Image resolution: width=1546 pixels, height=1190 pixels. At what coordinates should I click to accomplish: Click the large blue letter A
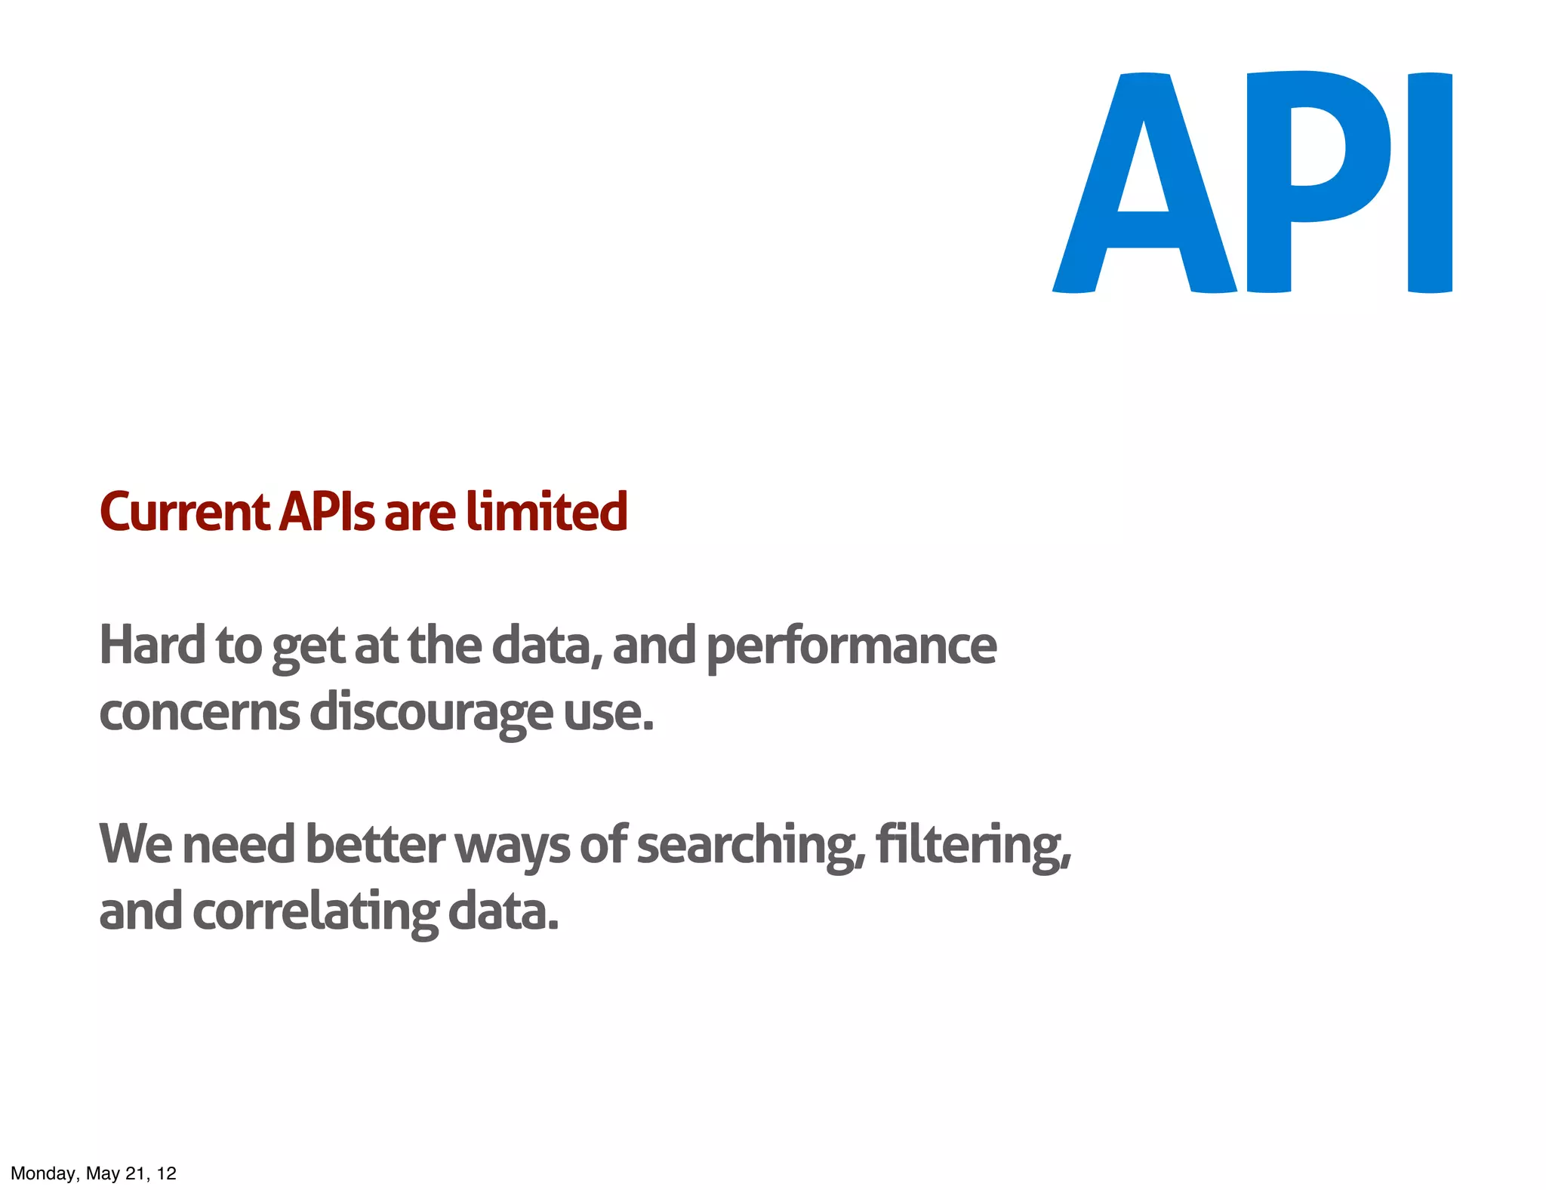1144,227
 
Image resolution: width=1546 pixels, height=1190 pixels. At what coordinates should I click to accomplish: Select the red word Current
184,512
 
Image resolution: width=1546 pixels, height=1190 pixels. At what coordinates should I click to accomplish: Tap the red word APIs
326,512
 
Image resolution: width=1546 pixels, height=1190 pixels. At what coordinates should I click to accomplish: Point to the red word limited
547,512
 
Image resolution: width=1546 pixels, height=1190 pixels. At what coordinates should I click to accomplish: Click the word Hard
152,646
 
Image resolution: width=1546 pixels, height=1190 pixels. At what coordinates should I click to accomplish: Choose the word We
136,844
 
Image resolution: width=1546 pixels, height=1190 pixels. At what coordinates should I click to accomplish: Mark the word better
375,844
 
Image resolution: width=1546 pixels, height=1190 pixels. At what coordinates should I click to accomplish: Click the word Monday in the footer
43,1173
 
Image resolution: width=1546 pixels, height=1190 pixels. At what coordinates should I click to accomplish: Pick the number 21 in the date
135,1173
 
